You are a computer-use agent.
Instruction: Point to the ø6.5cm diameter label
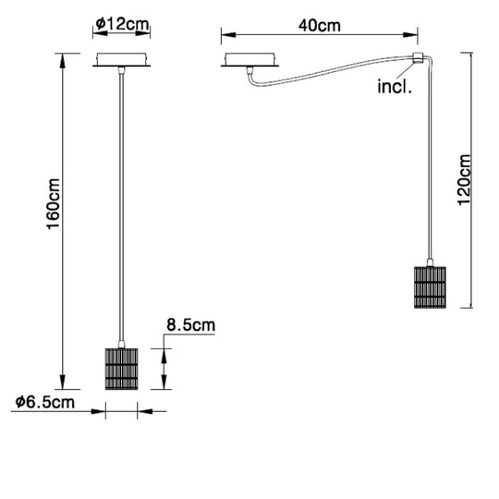(x=45, y=403)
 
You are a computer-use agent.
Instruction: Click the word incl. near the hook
(x=395, y=89)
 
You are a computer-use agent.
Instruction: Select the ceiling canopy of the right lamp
(x=250, y=64)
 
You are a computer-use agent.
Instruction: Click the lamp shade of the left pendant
(x=120, y=368)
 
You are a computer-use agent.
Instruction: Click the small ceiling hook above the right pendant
(x=417, y=61)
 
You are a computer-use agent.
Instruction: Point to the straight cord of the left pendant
(x=121, y=203)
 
